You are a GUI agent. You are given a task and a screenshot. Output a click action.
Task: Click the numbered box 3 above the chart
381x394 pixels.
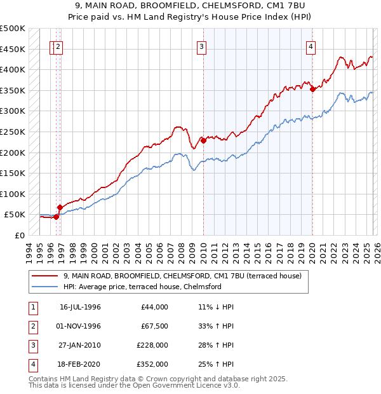[x=201, y=46]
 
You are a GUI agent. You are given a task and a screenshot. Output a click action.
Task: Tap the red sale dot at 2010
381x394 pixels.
[x=203, y=141]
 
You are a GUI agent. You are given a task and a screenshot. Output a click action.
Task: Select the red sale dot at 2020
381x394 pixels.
[x=312, y=90]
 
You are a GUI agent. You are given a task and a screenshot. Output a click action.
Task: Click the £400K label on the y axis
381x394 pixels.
[x=13, y=69]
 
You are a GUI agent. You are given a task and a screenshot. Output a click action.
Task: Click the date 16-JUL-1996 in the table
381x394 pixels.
[x=80, y=307]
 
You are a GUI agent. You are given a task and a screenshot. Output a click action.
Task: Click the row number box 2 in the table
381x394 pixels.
[x=32, y=326]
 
